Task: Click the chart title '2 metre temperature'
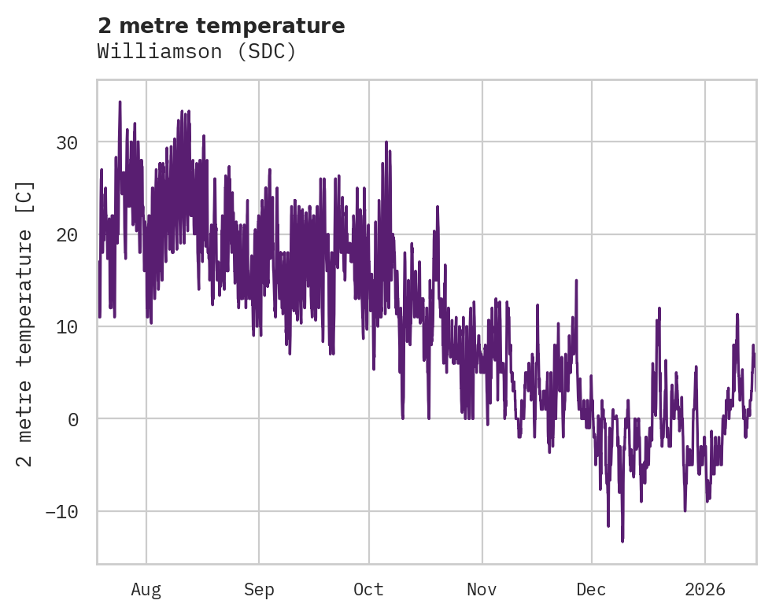coord(221,26)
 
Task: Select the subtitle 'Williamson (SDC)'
coord(197,52)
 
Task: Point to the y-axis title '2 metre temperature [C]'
coord(25,322)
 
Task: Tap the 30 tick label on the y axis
coord(67,142)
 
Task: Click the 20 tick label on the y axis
coord(67,234)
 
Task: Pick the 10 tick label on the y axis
coord(67,326)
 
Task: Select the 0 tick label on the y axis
coord(73,418)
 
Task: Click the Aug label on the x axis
coord(146,589)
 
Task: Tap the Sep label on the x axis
coord(258,589)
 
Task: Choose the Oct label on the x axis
coord(368,589)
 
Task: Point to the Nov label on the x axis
coord(482,589)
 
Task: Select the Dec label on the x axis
coord(591,589)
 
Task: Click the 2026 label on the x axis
coord(704,589)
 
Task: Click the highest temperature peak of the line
coord(120,101)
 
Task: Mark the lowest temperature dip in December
coord(622,541)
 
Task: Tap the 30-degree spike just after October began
coord(386,142)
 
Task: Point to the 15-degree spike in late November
coord(576,280)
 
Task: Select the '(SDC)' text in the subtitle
coord(269,52)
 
